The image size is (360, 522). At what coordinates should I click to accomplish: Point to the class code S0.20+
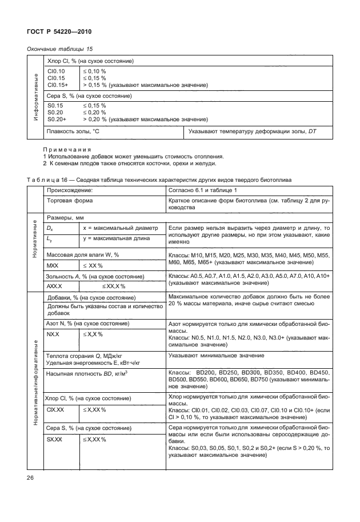(x=57, y=119)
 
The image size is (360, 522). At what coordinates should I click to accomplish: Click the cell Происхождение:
(x=70, y=189)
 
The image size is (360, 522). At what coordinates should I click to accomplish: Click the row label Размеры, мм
(x=66, y=218)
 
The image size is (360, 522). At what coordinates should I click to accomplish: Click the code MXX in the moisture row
(x=53, y=266)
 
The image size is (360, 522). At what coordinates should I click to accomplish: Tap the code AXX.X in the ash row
(x=54, y=285)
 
